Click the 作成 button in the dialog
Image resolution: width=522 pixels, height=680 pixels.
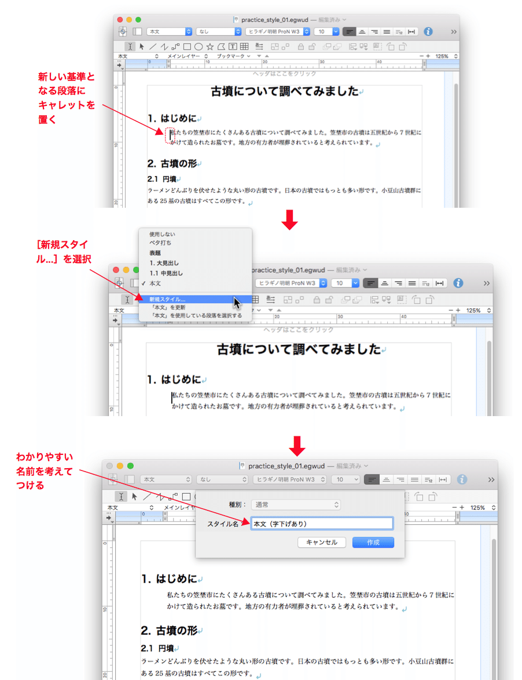tap(373, 542)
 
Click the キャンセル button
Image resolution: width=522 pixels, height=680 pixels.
tap(321, 542)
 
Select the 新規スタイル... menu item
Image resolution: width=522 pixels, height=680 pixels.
tap(167, 300)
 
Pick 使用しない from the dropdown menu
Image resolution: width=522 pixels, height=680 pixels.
tap(162, 234)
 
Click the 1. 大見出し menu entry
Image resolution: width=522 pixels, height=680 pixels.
tap(164, 263)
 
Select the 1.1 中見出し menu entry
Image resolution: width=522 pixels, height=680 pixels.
tap(166, 273)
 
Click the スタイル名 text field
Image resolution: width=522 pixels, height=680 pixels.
tap(322, 524)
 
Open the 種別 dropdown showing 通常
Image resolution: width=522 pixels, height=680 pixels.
tap(296, 505)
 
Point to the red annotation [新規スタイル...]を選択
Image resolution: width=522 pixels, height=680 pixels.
tap(64, 252)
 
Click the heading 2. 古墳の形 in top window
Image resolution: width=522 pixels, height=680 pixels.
tap(172, 164)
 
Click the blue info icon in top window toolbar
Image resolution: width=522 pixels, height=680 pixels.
tap(428, 32)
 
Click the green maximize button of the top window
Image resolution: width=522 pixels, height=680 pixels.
tap(138, 20)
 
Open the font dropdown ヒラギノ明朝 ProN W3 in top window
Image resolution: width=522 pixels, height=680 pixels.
tap(278, 32)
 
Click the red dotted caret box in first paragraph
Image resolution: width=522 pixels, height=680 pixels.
tap(170, 135)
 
